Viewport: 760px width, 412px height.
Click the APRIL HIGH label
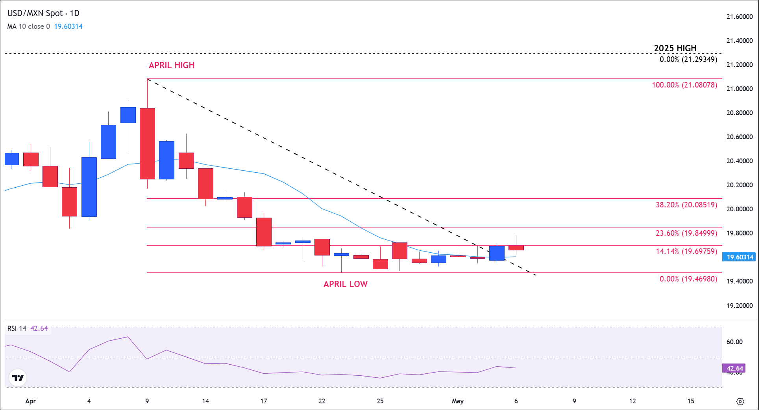coord(171,65)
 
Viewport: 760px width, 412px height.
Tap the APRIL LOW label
coord(345,284)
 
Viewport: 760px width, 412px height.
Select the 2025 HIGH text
coord(675,48)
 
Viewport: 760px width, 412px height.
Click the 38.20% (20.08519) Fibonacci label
coord(686,205)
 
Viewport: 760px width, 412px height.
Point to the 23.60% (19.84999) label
coord(686,233)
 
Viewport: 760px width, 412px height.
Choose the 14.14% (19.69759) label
coord(686,252)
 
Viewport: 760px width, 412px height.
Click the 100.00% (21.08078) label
coord(684,85)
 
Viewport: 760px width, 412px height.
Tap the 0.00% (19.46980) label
coord(688,279)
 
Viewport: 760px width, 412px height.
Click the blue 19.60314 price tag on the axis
coord(740,257)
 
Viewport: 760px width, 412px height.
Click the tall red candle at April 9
coord(147,144)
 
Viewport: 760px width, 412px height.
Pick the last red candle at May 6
coord(516,248)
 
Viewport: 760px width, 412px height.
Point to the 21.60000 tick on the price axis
coord(739,17)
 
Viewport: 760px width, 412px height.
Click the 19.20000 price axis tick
coord(739,306)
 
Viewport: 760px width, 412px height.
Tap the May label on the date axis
coord(457,401)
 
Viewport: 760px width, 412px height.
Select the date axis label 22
coord(322,401)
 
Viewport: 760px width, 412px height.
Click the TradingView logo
coord(18,378)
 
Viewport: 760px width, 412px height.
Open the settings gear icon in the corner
coord(740,402)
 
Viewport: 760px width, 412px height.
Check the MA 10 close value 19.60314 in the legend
coord(68,26)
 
